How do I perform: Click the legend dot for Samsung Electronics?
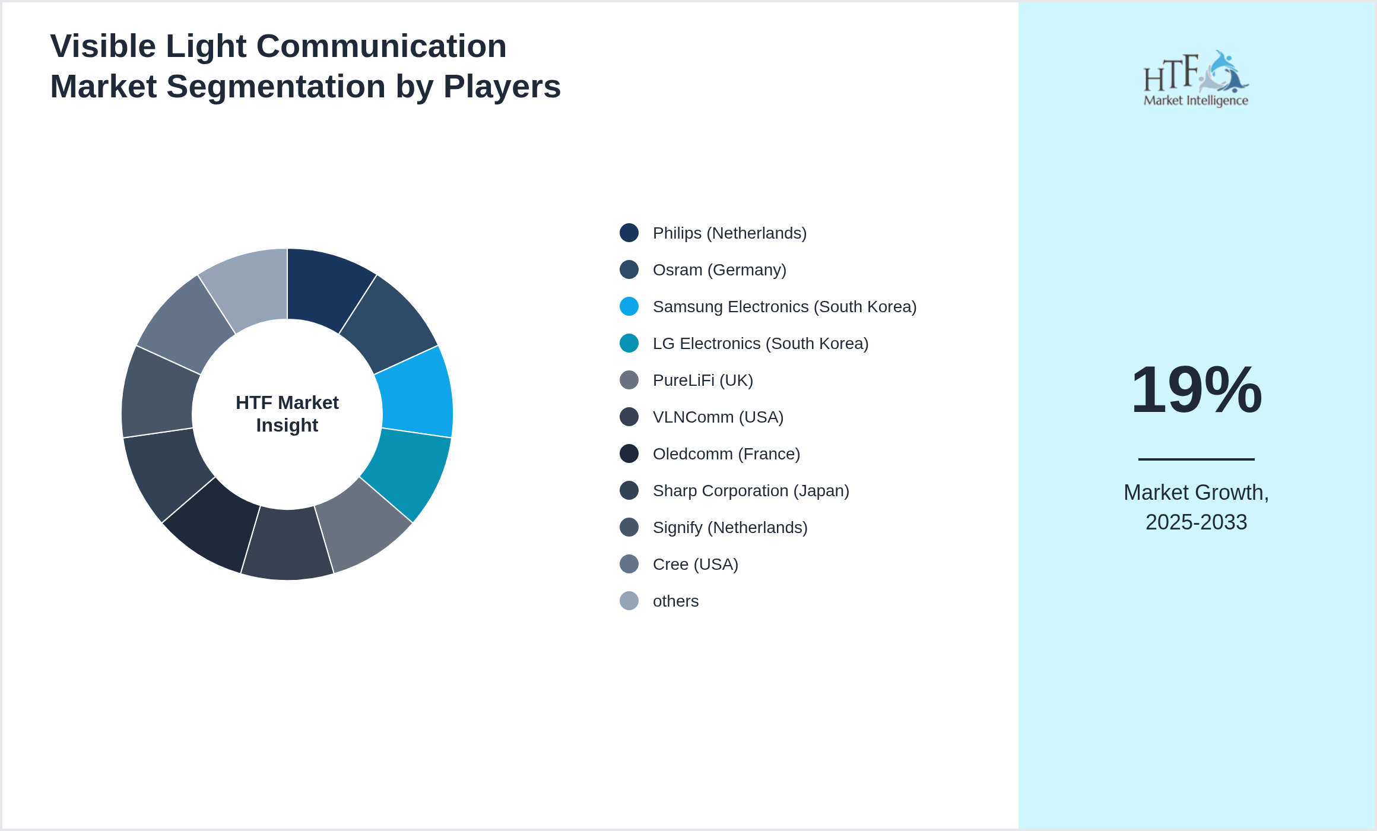pos(629,307)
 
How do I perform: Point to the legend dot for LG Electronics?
pos(629,344)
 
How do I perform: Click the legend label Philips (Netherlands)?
pos(729,233)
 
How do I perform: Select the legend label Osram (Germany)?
pos(719,270)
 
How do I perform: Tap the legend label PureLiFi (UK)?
pos(703,380)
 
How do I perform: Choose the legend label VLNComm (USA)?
pos(718,417)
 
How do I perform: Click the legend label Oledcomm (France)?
pos(726,454)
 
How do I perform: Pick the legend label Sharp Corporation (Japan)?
pos(751,491)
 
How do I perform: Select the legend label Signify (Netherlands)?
pos(730,528)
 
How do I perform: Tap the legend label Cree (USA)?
pos(696,564)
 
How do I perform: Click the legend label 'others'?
pos(675,601)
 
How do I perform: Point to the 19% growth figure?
pos(1196,390)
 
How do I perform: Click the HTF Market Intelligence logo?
pos(1196,79)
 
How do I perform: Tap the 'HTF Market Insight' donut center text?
pos(287,414)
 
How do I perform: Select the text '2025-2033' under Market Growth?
pos(1196,522)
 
